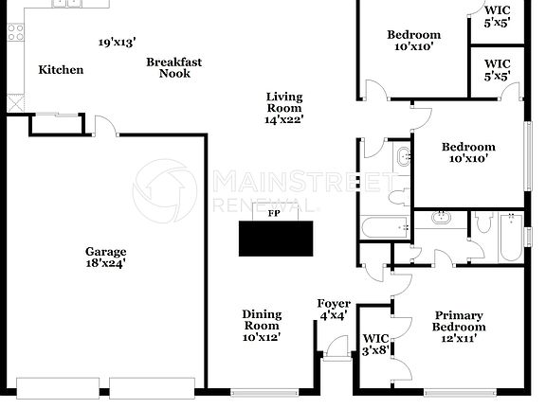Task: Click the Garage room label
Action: click(x=106, y=252)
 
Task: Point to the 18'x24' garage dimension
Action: click(x=106, y=264)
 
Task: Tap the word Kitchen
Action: click(x=61, y=70)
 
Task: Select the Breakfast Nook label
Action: click(x=173, y=68)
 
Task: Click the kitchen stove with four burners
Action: click(x=15, y=33)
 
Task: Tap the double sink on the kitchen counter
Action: click(x=67, y=3)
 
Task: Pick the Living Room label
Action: click(x=283, y=102)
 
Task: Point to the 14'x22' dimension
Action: click(x=283, y=120)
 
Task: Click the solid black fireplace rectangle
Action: click(x=275, y=239)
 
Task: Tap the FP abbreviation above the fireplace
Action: click(x=274, y=214)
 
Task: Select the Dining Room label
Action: click(x=262, y=320)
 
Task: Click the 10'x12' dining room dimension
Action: click(x=262, y=337)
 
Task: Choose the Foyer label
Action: click(x=333, y=303)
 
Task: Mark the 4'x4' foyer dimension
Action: click(x=333, y=315)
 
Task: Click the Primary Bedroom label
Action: click(x=459, y=321)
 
